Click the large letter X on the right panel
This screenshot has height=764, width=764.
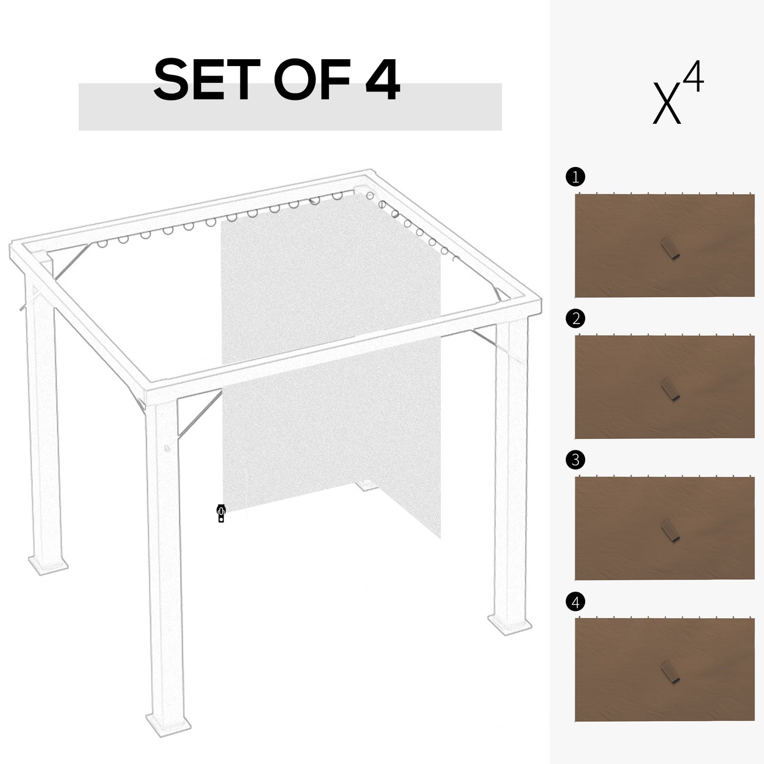point(666,103)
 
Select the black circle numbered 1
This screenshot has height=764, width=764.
point(575,177)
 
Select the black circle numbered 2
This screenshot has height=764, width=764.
point(575,318)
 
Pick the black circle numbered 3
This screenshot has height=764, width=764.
point(575,460)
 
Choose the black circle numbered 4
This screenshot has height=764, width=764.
point(575,602)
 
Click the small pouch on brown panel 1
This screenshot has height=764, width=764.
point(670,248)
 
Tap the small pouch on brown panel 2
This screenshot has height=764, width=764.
point(670,390)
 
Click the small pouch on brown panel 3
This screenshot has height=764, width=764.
point(670,530)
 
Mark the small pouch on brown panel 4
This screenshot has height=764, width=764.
point(670,673)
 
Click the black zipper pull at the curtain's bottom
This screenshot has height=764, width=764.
point(221,513)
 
